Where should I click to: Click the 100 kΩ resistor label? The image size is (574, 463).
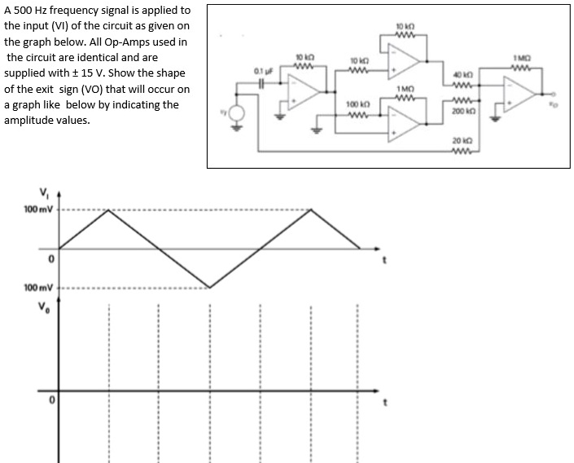[358, 104]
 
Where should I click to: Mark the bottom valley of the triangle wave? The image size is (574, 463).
[209, 287]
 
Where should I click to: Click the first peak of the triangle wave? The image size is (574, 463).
[108, 210]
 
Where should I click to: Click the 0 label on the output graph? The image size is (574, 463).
[50, 400]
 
